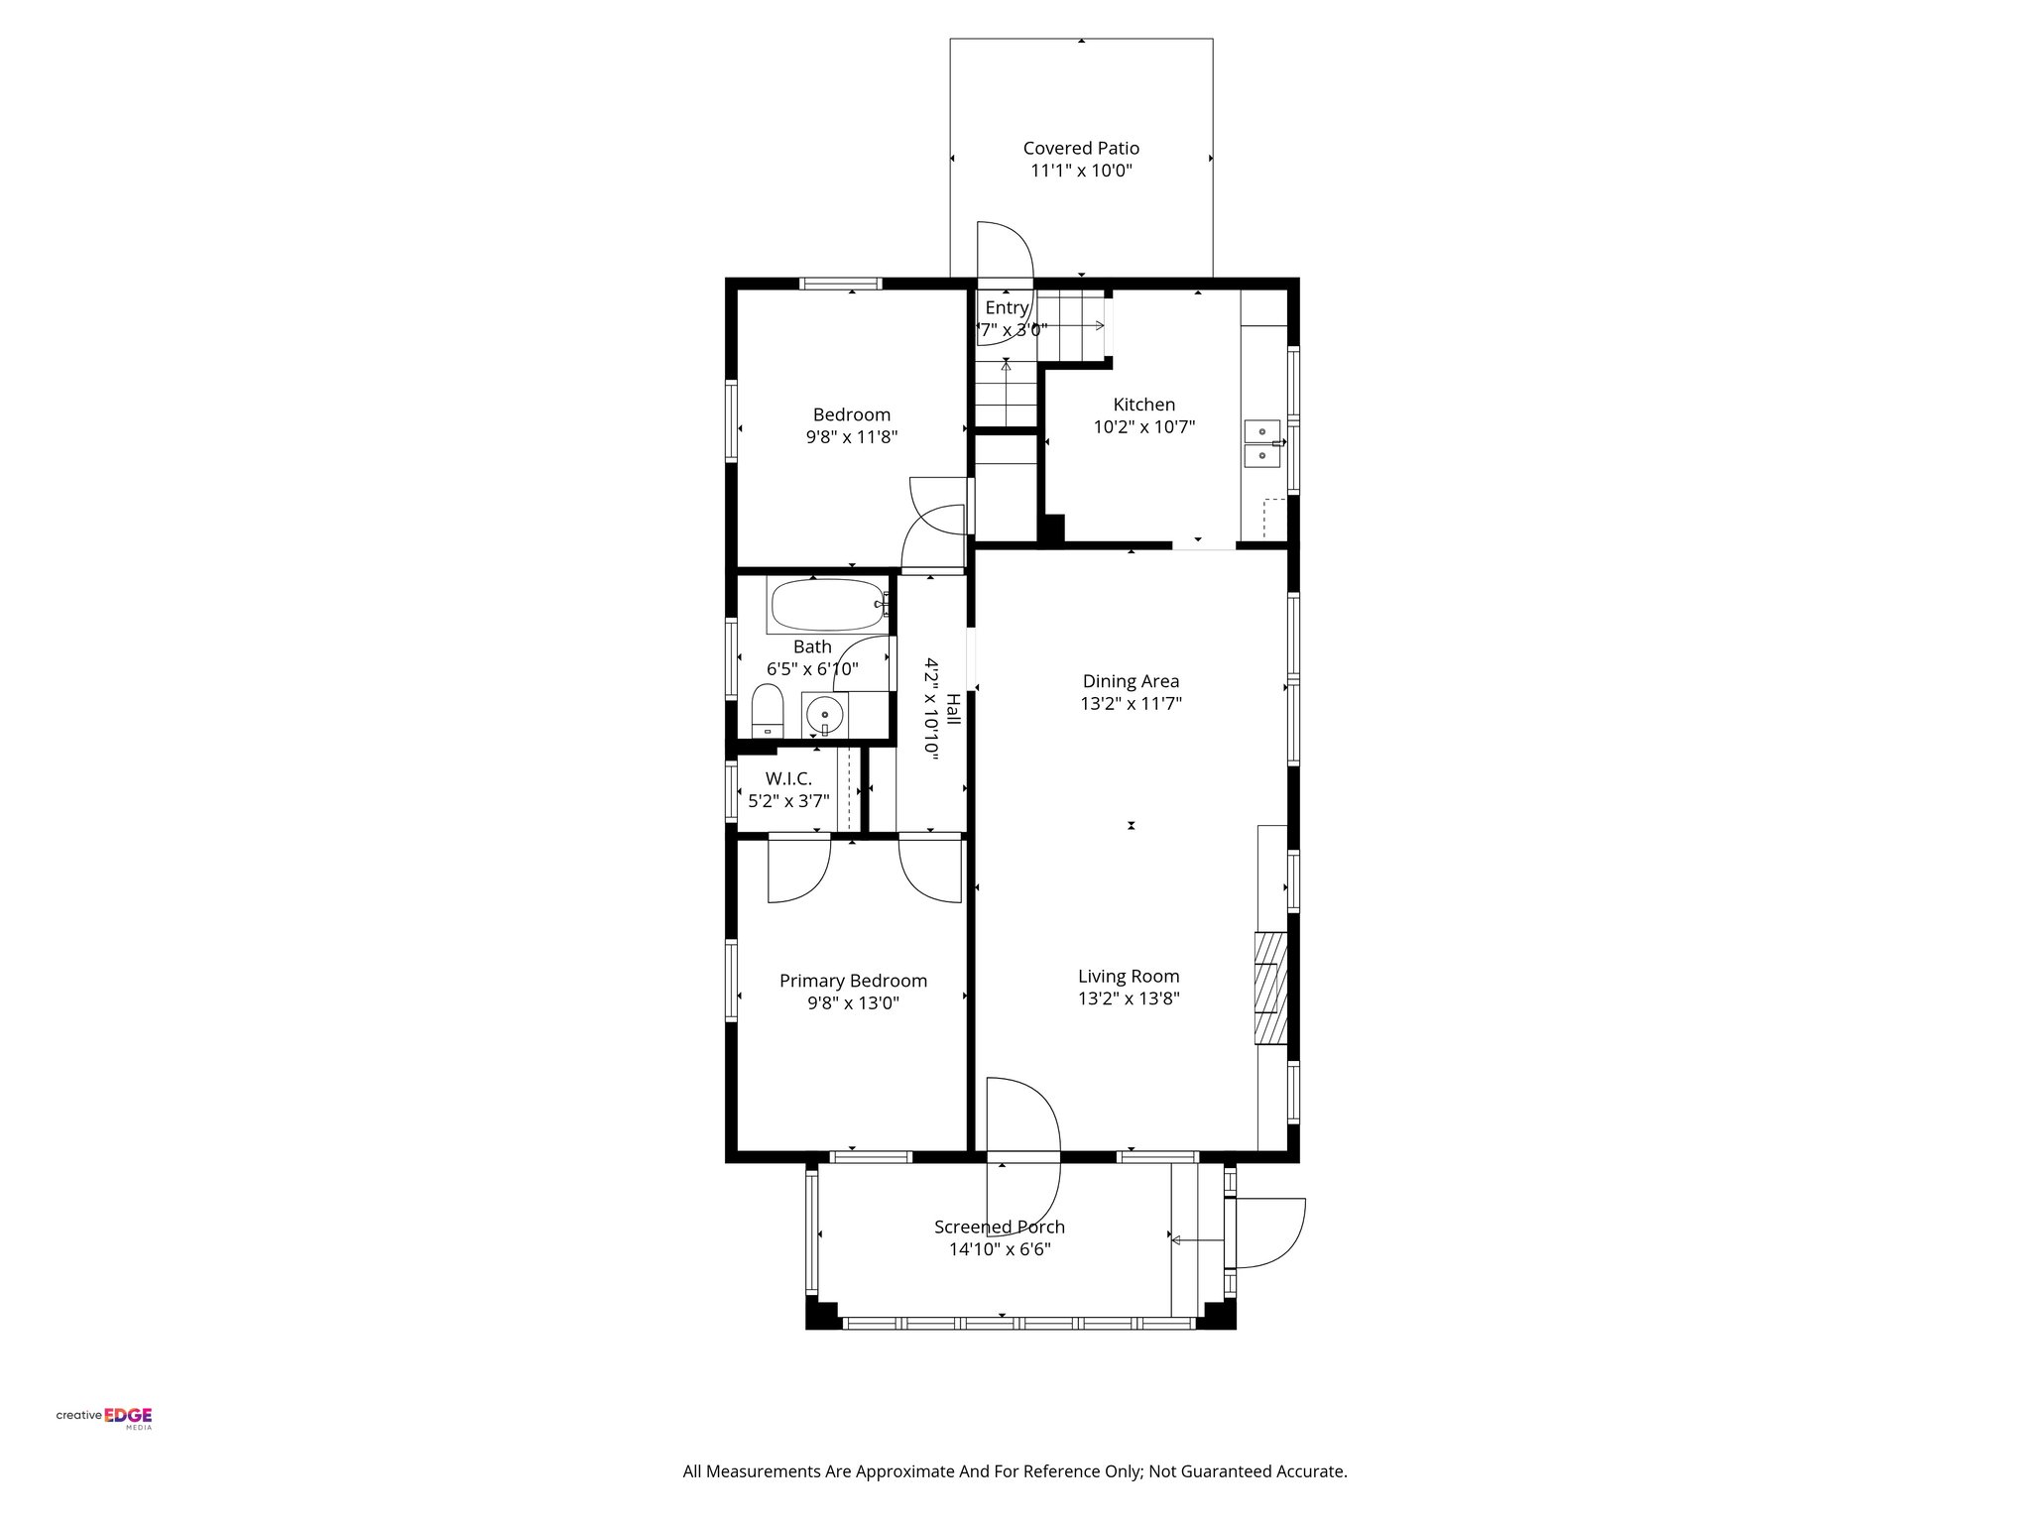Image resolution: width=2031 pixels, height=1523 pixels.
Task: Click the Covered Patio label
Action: point(1081,149)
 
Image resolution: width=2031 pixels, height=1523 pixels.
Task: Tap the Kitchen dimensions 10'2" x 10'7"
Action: point(1143,427)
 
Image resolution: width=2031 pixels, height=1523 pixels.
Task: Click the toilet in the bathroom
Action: point(768,711)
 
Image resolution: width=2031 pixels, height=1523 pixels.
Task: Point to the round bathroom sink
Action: point(822,713)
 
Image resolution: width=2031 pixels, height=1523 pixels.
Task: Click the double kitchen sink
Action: point(1261,443)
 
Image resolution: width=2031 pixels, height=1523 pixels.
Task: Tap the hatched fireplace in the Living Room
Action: point(1270,988)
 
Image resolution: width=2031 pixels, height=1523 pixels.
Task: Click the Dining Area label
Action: point(1131,681)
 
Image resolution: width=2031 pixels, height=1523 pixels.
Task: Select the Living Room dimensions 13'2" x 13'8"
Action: point(1129,998)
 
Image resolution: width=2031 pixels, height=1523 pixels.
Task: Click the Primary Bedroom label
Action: point(853,981)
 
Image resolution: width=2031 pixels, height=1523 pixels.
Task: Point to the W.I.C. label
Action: point(788,779)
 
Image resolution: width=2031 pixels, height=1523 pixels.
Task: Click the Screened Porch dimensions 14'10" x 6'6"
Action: point(1000,1249)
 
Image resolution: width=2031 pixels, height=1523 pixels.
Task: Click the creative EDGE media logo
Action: point(104,1416)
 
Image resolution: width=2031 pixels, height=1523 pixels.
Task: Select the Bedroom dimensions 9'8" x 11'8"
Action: point(851,437)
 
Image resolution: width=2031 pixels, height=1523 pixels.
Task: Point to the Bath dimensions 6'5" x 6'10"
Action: point(812,669)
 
